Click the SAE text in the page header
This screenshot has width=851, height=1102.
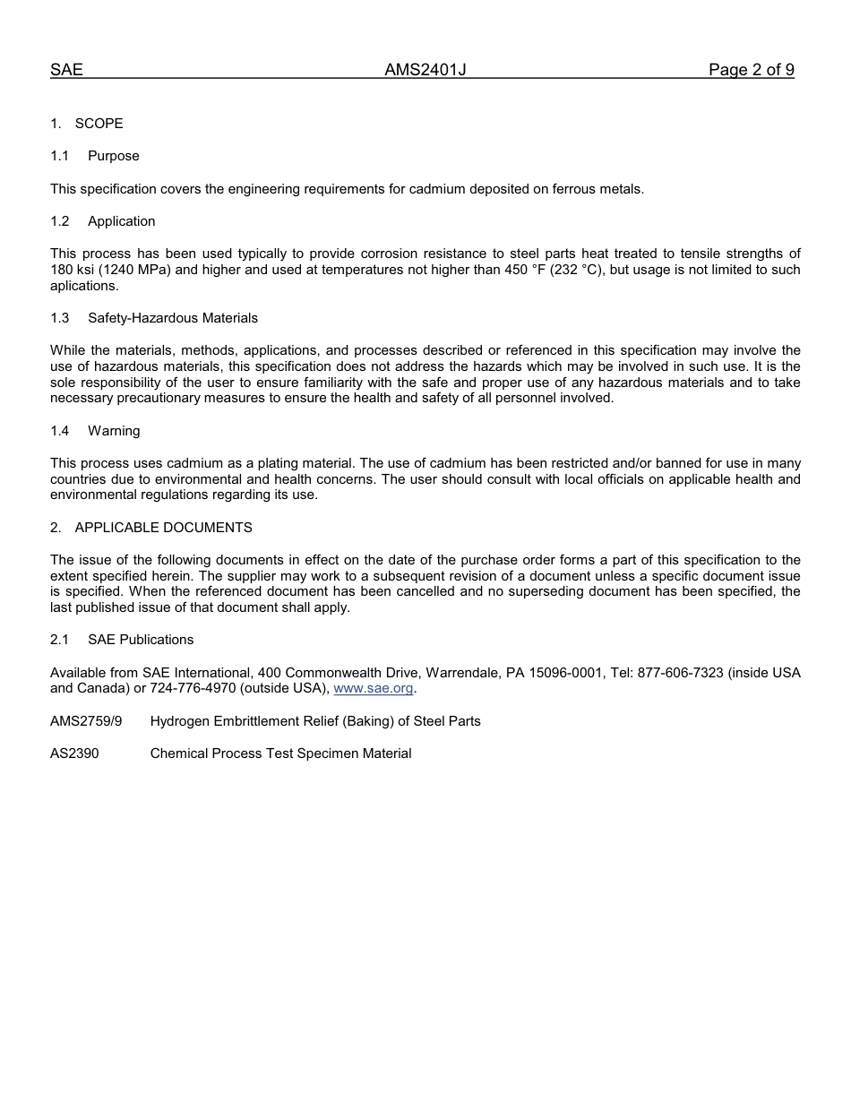[66, 70]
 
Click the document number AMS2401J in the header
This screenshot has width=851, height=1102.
[425, 70]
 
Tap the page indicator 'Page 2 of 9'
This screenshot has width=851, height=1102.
[751, 70]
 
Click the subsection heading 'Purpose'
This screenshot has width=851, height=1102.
[114, 156]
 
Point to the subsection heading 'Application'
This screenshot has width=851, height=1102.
[122, 221]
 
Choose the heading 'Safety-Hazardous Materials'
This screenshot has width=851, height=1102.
[173, 318]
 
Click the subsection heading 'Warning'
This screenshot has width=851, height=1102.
[114, 431]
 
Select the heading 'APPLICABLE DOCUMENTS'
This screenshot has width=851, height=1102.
[164, 528]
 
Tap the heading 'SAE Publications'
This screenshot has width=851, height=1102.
[141, 640]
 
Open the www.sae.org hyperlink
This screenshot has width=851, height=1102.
[374, 689]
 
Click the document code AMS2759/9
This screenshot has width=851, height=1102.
[86, 721]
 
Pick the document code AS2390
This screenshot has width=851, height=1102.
[74, 753]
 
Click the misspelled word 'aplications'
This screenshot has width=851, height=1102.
[83, 286]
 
